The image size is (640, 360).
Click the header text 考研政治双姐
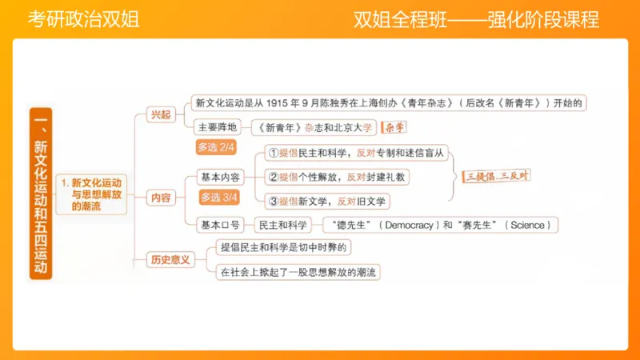(83, 19)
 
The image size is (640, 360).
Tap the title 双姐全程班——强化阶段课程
(476, 19)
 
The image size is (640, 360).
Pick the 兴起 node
(160, 114)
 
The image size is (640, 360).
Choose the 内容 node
(159, 198)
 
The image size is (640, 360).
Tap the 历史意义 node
(170, 259)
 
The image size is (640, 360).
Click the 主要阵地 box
(217, 127)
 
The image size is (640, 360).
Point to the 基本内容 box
(220, 178)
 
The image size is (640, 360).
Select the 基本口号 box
(220, 225)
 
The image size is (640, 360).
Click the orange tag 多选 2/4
(216, 147)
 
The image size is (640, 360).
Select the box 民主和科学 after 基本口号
(282, 225)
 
